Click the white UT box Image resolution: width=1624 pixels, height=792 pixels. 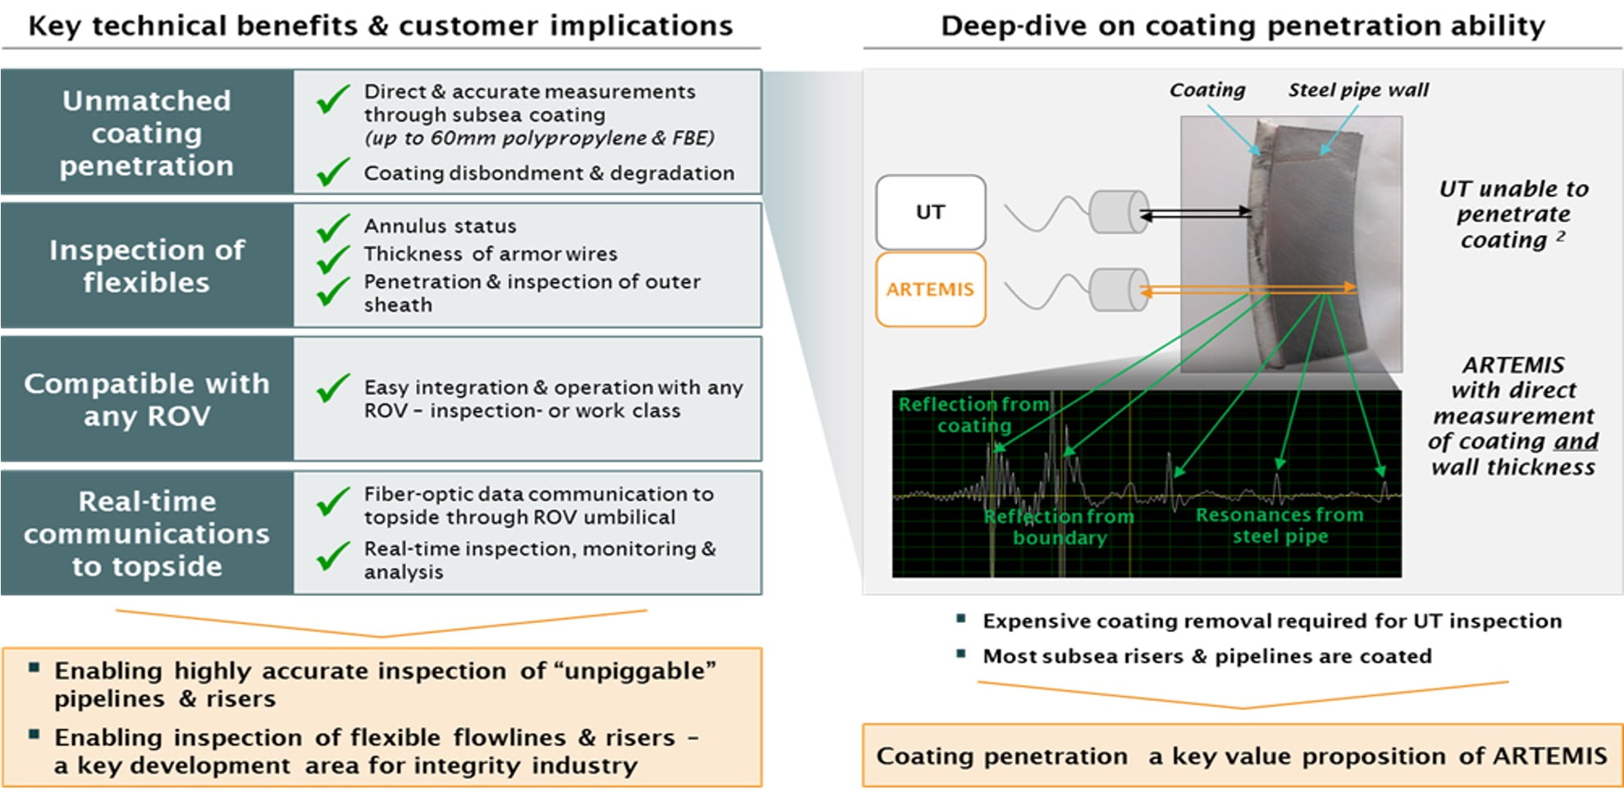930,212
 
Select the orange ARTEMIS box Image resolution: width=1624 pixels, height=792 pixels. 930,289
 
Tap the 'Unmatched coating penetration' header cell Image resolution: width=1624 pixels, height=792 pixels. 147,133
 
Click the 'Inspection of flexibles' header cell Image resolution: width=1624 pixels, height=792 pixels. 147,266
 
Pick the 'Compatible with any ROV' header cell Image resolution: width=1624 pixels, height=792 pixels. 147,399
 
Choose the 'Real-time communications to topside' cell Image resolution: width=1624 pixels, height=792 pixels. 147,533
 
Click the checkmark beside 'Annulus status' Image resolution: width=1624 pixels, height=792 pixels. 333,227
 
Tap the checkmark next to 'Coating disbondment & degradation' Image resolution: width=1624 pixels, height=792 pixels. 333,171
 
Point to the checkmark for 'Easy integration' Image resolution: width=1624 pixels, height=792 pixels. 333,388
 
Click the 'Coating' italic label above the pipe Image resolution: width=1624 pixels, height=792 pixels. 1207,89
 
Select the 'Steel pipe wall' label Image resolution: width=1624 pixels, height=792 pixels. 1357,89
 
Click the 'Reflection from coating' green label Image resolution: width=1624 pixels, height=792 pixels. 974,415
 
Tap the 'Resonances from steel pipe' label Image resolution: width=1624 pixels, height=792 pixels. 1280,526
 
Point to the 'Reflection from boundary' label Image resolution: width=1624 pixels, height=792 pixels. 1059,527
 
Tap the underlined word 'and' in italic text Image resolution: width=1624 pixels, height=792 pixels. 1576,441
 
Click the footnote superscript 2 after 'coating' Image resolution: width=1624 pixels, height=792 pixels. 1560,235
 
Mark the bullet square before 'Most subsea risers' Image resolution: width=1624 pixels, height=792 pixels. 961,653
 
